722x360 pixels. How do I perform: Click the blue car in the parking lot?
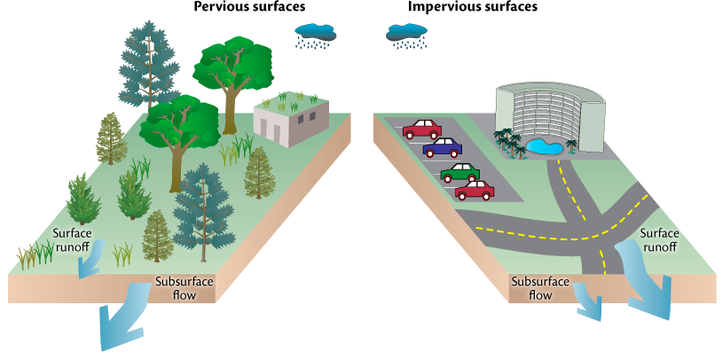(442, 147)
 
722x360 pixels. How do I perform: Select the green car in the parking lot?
(459, 171)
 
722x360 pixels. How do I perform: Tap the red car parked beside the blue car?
(422, 129)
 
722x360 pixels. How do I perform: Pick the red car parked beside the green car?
(475, 190)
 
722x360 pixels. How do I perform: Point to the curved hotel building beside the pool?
(549, 110)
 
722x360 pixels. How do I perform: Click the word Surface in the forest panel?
(72, 233)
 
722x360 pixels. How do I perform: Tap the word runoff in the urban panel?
(659, 246)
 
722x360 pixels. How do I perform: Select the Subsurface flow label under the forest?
(184, 288)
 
